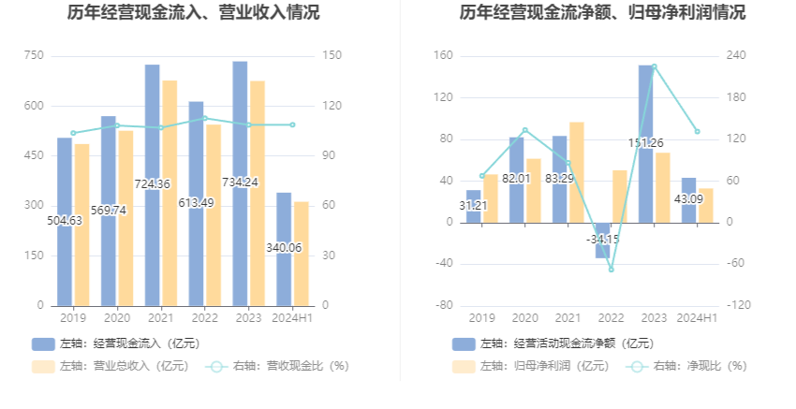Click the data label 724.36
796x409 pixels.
pyautogui.click(x=153, y=183)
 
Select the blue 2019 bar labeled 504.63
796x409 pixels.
pyautogui.click(x=65, y=222)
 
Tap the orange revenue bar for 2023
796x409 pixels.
pyautogui.click(x=258, y=194)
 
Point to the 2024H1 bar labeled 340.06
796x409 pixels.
pyautogui.click(x=284, y=249)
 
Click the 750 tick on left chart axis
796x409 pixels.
pyautogui.click(x=34, y=55)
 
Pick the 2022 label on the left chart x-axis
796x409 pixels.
pyautogui.click(x=204, y=318)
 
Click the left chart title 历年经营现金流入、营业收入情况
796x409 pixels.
pyautogui.click(x=194, y=12)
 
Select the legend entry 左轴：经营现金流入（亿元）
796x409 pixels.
pyautogui.click(x=116, y=343)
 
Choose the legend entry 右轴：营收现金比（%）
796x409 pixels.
pyautogui.click(x=277, y=366)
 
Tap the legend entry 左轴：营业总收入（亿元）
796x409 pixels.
pyautogui.click(x=111, y=366)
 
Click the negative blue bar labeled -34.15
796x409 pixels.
pyautogui.click(x=602, y=241)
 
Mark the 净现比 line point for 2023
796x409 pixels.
pyautogui.click(x=654, y=66)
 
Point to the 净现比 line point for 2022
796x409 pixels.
pyautogui.click(x=611, y=270)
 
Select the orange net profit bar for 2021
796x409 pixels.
pyautogui.click(x=577, y=172)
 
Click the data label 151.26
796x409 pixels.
pyautogui.click(x=646, y=143)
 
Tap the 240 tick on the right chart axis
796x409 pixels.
pyautogui.click(x=736, y=55)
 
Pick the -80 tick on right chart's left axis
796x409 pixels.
pyautogui.click(x=444, y=305)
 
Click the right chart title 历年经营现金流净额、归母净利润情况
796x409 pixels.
pyautogui.click(x=602, y=12)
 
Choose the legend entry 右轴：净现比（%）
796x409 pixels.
pyautogui.click(x=686, y=366)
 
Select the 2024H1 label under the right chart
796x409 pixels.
pyautogui.click(x=697, y=318)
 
